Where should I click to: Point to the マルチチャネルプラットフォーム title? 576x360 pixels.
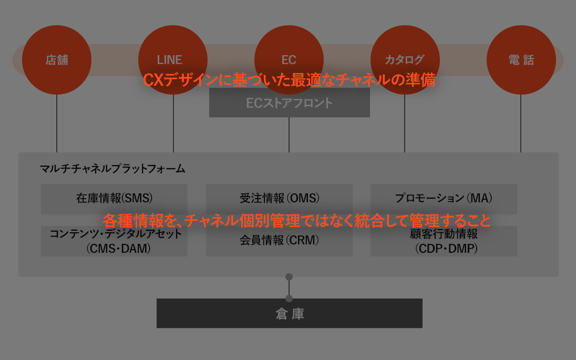[112, 169]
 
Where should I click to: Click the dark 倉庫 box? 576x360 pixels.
[289, 313]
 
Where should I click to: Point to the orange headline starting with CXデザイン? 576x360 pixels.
[289, 80]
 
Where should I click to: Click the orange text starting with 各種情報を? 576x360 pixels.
[297, 220]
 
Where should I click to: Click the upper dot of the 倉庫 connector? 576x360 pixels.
[289, 277]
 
